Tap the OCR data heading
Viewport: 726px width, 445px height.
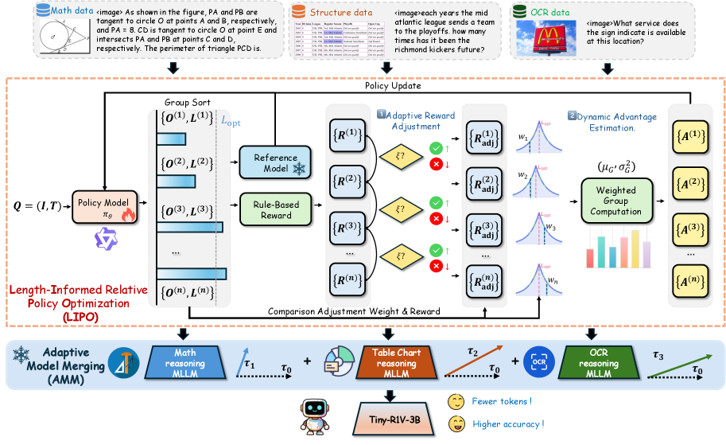556,12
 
